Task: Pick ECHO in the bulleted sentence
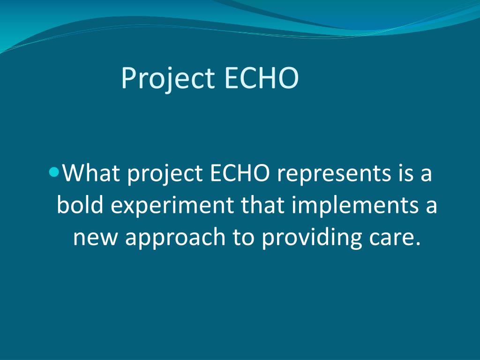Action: tap(239, 173)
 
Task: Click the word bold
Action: tap(80, 206)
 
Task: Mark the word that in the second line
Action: tap(262, 206)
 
